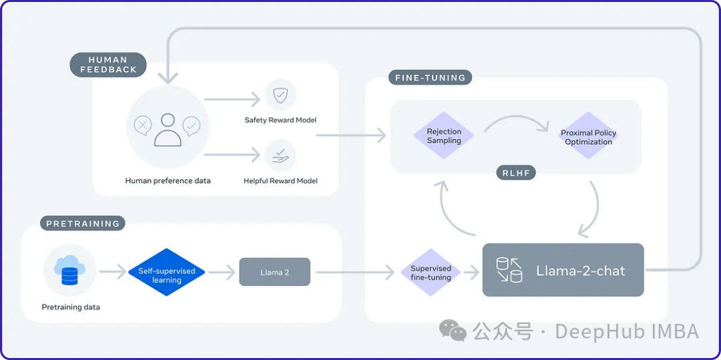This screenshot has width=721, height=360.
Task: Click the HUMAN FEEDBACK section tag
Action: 108,65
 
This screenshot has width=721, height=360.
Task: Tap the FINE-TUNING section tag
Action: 429,77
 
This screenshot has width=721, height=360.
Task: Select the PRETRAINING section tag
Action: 83,224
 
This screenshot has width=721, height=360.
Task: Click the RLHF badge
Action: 515,174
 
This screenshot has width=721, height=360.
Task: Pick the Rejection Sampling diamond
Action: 444,136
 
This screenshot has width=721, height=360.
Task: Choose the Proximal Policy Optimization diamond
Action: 588,137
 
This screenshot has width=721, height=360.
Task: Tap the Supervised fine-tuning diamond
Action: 431,273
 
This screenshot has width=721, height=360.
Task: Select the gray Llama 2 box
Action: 274,273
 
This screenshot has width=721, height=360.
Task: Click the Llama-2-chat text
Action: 581,271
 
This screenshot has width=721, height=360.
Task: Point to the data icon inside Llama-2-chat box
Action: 509,271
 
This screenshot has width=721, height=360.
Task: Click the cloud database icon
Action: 69,271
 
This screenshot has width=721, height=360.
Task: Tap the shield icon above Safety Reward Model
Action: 280,96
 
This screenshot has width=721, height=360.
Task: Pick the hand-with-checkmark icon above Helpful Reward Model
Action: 280,155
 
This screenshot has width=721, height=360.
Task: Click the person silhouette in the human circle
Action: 168,130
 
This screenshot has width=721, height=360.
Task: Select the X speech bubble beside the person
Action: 142,125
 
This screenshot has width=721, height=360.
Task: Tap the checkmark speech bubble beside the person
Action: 192,125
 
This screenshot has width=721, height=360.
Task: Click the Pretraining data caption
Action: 70,307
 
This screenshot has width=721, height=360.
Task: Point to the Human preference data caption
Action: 168,180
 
